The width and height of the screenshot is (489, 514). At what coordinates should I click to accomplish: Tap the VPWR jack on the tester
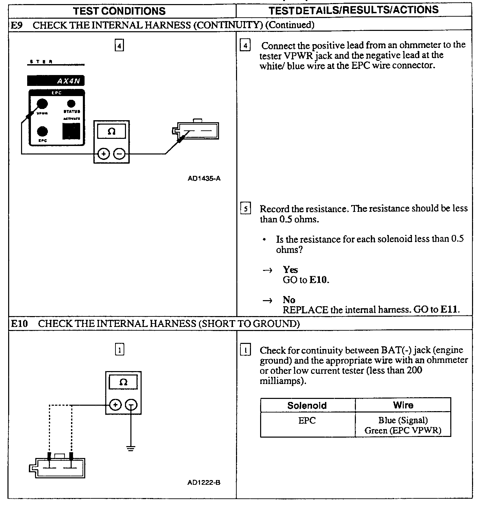42,104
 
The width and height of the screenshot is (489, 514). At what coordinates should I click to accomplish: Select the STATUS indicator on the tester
71,104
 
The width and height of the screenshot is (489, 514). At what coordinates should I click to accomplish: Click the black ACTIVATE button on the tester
71,131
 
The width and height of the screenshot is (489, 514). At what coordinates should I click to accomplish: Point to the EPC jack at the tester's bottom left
42,131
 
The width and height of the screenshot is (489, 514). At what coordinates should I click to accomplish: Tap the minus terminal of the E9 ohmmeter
119,154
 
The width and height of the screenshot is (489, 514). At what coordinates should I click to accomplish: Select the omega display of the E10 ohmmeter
123,382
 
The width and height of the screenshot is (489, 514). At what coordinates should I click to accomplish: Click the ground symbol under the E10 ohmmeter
131,448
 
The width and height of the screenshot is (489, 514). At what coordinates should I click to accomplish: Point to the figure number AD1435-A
204,178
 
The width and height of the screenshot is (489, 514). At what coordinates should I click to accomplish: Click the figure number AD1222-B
204,482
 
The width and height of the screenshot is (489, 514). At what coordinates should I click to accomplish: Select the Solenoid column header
307,405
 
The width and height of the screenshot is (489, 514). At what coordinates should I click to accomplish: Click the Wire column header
403,405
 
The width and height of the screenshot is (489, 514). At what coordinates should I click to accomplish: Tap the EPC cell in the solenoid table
307,421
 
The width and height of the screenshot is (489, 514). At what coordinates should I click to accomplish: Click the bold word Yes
290,270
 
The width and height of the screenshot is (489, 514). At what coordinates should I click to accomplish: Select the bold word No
289,300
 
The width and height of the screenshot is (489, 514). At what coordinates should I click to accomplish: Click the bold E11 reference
449,310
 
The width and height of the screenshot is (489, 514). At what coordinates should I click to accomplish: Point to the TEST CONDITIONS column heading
119,11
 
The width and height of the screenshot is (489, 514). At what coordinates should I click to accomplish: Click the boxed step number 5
246,208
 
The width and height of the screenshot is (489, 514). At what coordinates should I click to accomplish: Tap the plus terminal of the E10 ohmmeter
116,405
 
